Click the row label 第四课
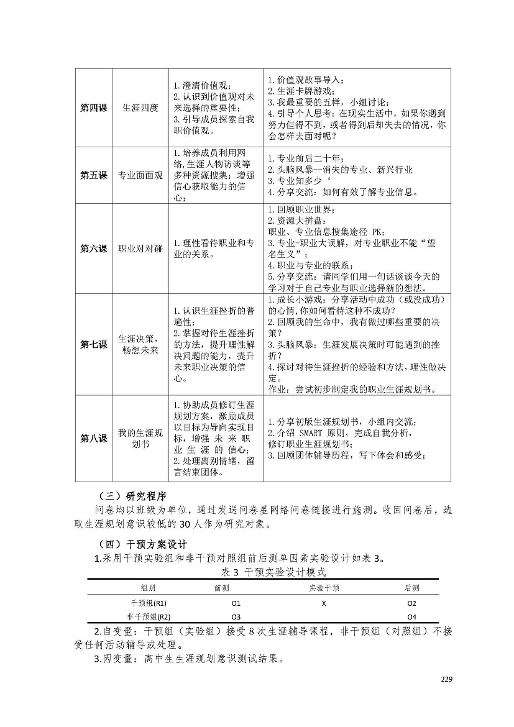(x=93, y=107)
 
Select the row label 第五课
(x=93, y=175)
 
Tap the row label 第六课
(x=93, y=249)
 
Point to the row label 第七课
(x=93, y=344)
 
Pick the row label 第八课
(x=93, y=438)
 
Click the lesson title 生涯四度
(x=140, y=107)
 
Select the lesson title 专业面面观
(x=140, y=175)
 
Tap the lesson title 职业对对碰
(x=140, y=249)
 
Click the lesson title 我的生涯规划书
(x=140, y=438)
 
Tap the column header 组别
(x=148, y=587)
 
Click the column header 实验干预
(x=324, y=587)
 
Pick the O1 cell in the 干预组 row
(x=236, y=603)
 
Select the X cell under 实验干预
(x=324, y=603)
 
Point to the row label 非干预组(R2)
(x=149, y=617)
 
